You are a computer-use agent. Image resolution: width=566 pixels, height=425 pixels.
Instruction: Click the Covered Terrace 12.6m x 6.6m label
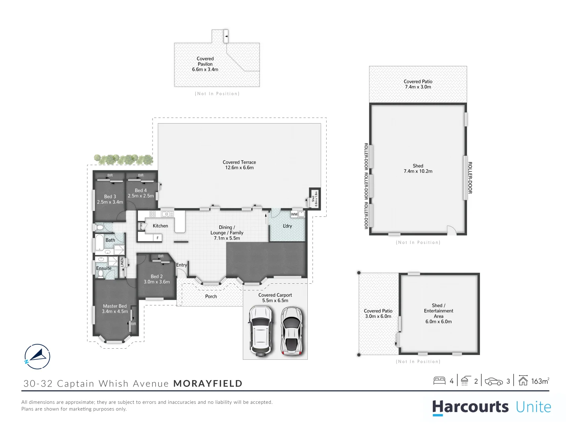pos(239,165)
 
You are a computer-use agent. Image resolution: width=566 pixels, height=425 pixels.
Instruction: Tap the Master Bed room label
pos(115,309)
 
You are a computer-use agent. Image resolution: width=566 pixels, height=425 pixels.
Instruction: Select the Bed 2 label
pos(156,279)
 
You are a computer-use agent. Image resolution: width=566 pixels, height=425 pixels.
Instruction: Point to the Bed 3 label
pos(110,199)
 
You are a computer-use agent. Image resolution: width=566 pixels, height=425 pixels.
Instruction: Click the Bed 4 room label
pos(141,193)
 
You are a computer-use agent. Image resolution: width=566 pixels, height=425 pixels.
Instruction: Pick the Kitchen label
pos(160,226)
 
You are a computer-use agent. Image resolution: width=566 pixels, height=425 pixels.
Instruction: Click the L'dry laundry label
pos(287,226)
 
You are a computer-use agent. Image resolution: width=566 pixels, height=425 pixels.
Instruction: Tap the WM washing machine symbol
pos(294,214)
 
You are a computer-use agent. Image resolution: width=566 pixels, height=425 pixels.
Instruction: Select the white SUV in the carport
pos(260,330)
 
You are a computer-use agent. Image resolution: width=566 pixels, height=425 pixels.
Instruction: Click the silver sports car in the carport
pos(291,330)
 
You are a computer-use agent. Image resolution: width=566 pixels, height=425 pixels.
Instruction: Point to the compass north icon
pos(37,357)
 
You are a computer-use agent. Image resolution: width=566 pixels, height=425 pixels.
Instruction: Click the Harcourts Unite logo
pos(491,407)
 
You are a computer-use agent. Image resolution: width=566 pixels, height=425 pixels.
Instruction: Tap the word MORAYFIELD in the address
pos(208,384)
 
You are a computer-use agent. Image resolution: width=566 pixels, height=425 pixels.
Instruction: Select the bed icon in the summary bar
pos(439,381)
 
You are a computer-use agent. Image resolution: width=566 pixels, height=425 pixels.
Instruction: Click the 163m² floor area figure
pos(540,381)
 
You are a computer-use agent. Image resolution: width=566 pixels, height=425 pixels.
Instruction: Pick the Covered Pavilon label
pos(205,64)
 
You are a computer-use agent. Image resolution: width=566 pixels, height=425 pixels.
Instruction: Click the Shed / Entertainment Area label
pos(438,313)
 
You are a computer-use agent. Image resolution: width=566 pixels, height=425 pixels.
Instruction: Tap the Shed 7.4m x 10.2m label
pos(418,168)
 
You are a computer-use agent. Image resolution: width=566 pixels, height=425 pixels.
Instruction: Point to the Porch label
pos(211,296)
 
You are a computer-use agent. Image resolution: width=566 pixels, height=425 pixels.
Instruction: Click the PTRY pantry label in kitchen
pos(141,226)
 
